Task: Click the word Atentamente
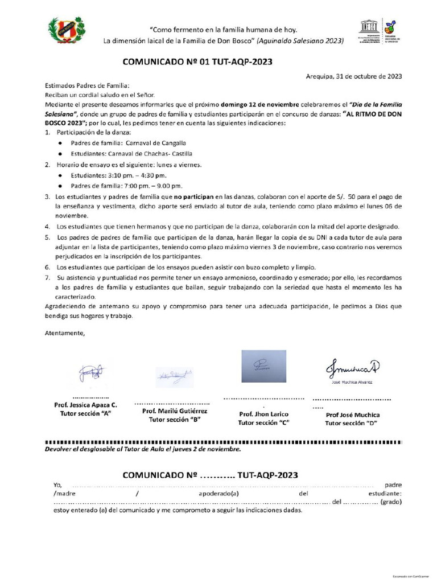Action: (64, 333)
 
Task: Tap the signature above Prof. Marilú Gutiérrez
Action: (175, 376)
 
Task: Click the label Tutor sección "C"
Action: (263, 423)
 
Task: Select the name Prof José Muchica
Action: (352, 414)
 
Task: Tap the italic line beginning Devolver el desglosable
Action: (143, 449)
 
